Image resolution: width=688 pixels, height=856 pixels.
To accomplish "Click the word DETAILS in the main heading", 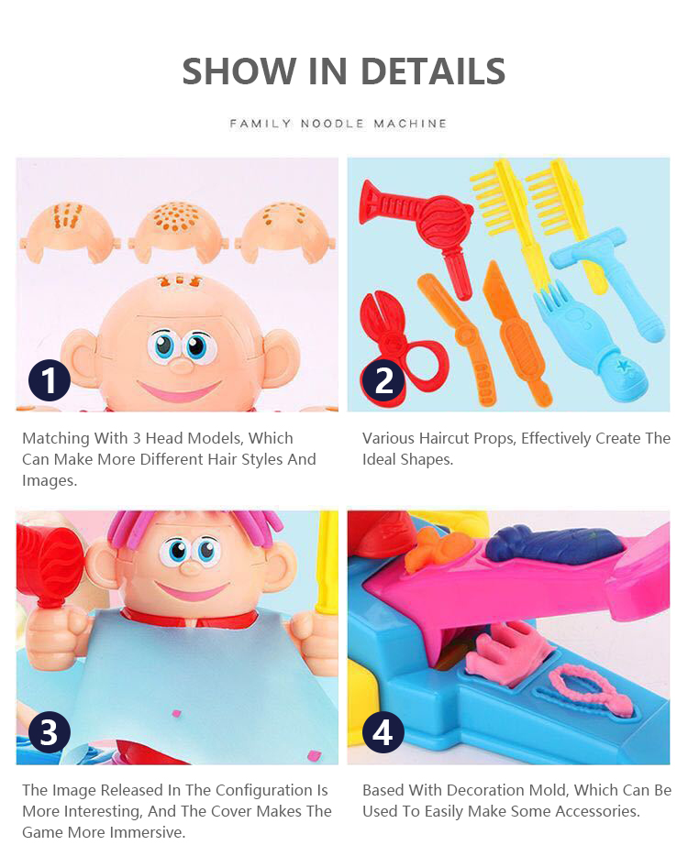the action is click(433, 71).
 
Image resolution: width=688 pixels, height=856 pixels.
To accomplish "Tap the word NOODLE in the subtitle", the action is click(332, 124).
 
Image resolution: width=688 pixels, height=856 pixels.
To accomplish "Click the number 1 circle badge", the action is click(50, 380).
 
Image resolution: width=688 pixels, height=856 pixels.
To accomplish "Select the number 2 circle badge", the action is click(383, 380).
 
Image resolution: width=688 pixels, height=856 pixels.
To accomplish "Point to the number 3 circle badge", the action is click(50, 732).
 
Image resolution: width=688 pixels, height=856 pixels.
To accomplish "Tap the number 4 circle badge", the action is click(383, 732).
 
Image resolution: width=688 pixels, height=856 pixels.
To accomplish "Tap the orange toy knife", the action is click(516, 333).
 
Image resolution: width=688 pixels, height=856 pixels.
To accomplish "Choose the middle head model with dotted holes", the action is click(176, 231).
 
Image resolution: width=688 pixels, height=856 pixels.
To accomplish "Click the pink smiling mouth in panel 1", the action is click(179, 390).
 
